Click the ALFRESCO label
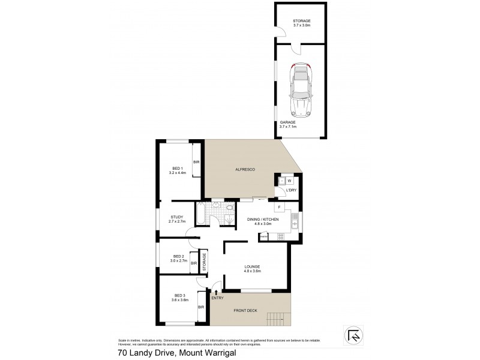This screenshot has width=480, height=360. point(244,170)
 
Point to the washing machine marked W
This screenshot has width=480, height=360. point(289,180)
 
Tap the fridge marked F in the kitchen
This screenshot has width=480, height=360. point(278,208)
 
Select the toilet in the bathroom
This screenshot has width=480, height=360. point(231,209)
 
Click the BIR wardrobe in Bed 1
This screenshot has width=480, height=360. point(196,163)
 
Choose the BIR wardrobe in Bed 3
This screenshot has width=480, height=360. point(201,307)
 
